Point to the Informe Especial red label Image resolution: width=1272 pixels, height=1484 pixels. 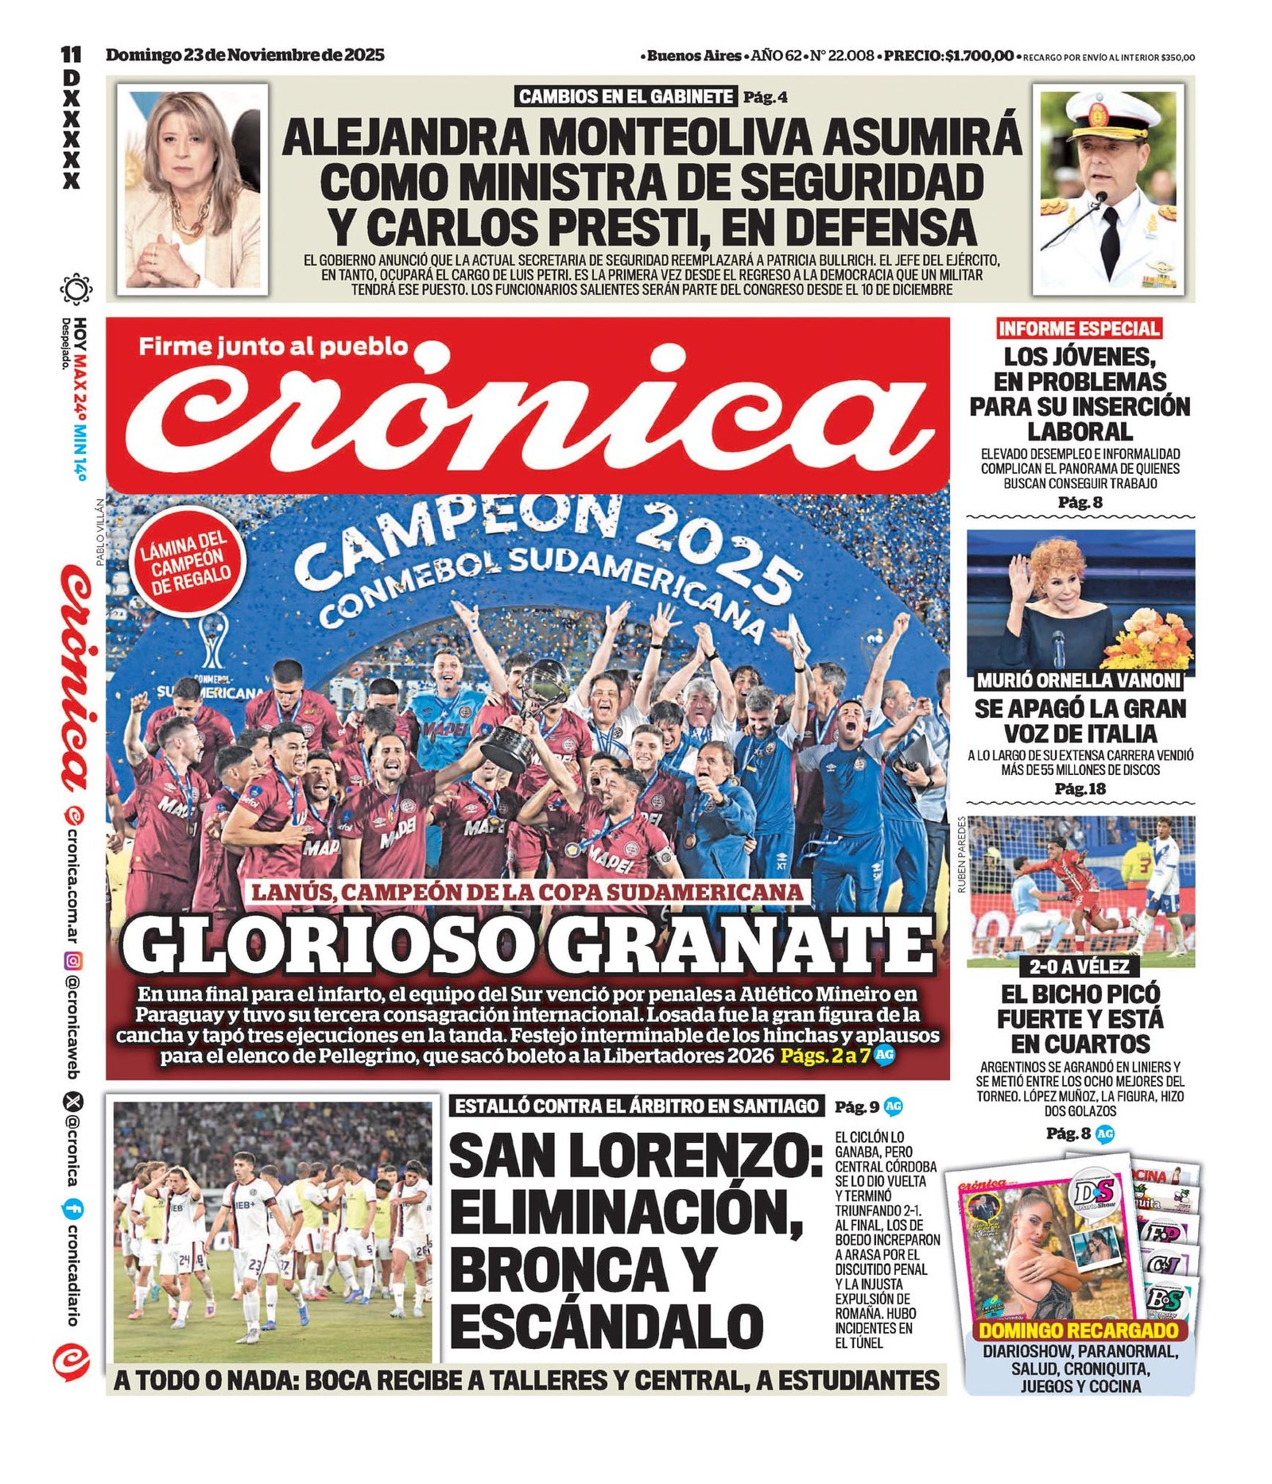[x=1079, y=328]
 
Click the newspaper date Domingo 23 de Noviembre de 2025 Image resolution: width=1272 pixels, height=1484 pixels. [x=245, y=55]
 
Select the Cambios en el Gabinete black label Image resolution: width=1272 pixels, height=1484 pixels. [x=625, y=97]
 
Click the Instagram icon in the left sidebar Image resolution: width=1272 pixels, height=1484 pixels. [x=72, y=960]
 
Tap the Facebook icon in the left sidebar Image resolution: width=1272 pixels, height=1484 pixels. [x=72, y=1211]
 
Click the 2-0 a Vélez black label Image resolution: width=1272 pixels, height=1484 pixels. [x=1080, y=967]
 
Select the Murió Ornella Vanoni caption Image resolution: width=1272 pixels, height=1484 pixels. [x=1079, y=680]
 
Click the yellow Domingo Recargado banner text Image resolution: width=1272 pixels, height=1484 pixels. [x=1078, y=1331]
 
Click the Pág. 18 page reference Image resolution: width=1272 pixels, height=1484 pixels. [x=1079, y=788]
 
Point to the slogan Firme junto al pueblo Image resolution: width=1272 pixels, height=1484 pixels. [x=273, y=347]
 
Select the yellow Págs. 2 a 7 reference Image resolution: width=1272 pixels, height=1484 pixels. [x=824, y=1056]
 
